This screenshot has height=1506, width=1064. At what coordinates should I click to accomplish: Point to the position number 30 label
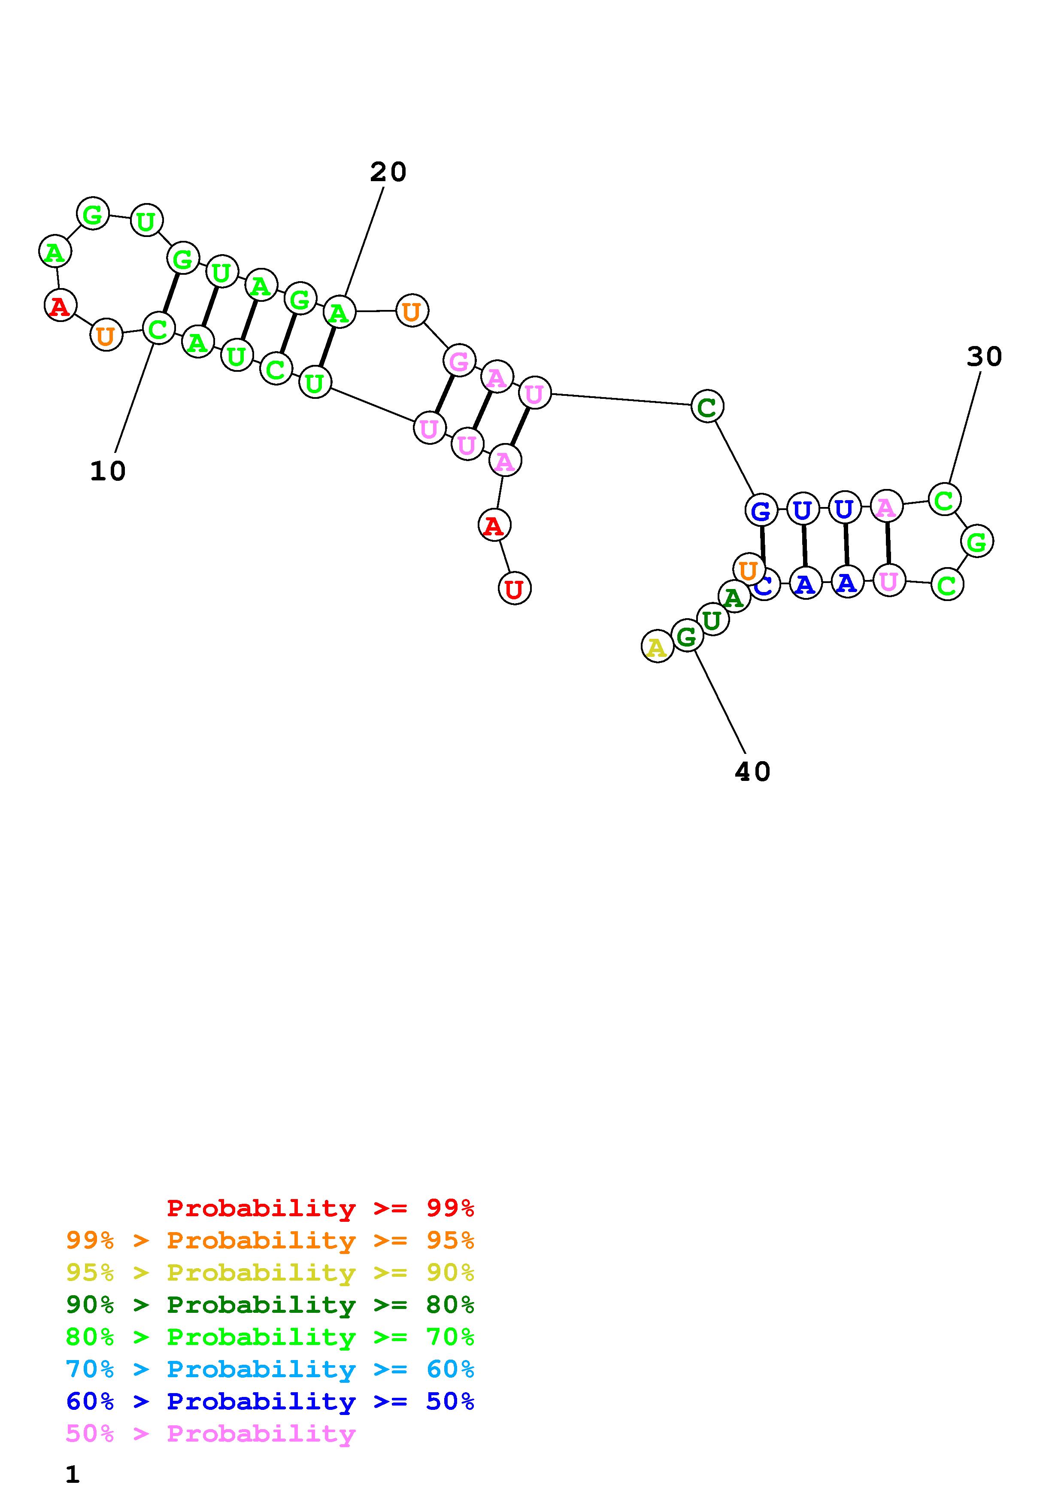(984, 357)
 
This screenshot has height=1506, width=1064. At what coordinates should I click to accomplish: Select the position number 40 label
(752, 772)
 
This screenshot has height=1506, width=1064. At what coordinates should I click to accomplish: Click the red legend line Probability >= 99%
(321, 1208)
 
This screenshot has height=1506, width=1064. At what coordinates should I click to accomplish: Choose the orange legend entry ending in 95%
(270, 1240)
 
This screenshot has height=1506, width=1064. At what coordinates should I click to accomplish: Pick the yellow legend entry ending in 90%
(270, 1272)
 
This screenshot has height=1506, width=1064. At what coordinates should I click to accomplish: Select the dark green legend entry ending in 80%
(270, 1305)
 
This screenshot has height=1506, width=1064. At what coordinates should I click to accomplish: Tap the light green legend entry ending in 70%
(270, 1337)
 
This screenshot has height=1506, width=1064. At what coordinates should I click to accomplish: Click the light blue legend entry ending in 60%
(270, 1369)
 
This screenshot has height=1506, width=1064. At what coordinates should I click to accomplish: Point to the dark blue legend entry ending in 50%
(270, 1401)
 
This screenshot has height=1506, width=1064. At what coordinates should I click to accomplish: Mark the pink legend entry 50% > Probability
(210, 1433)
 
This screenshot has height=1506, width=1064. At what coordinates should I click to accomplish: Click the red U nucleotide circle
(515, 589)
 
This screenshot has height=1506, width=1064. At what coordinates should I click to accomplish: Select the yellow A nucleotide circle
(657, 647)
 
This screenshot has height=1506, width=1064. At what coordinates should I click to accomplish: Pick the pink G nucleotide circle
(459, 361)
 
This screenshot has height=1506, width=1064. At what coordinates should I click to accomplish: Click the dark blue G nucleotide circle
(761, 510)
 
